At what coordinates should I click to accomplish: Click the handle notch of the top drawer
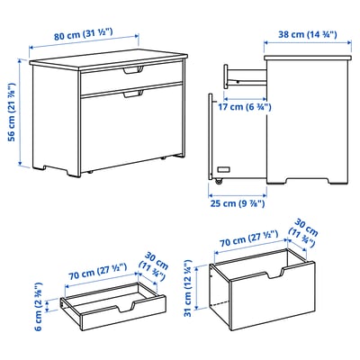click(133, 69)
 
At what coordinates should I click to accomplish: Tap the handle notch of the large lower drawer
click(133, 93)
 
